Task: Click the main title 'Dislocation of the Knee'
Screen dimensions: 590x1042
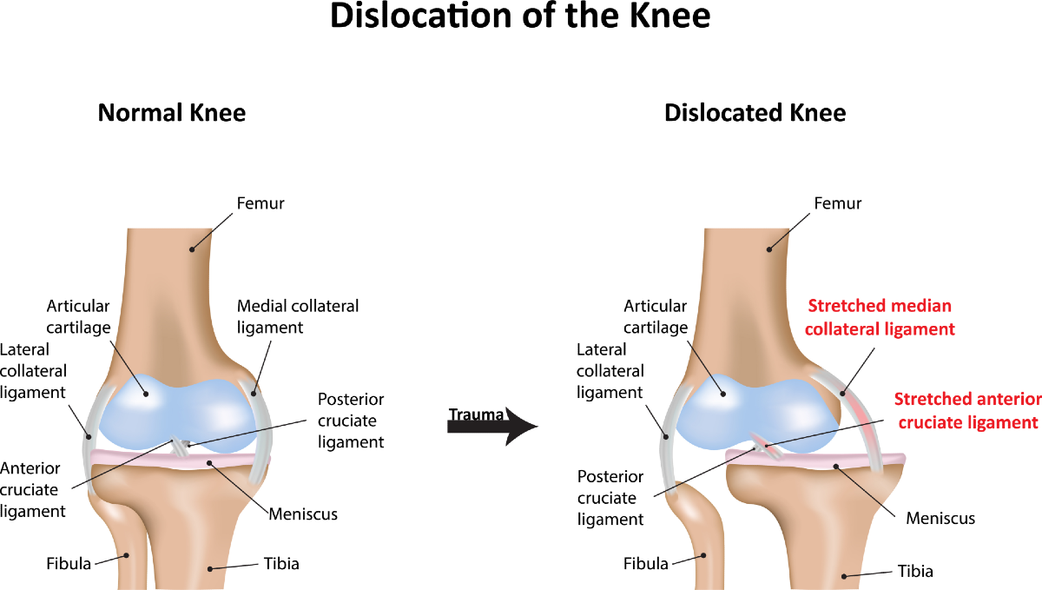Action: click(x=521, y=17)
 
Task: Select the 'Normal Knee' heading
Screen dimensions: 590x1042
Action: click(x=171, y=113)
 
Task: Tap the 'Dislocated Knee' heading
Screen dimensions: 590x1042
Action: click(x=754, y=113)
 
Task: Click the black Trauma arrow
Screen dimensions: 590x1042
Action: click(x=492, y=423)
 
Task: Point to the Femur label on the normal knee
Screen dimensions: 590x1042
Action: click(x=260, y=204)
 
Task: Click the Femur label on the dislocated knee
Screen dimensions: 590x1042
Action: click(x=837, y=204)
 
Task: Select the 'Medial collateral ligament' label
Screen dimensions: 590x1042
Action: click(x=298, y=316)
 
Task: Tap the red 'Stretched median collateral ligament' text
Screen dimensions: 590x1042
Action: click(x=880, y=317)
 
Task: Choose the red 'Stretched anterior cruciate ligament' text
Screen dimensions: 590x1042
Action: click(x=967, y=410)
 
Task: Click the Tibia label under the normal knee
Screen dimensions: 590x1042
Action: click(x=281, y=563)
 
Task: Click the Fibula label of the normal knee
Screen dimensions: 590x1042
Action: click(x=69, y=563)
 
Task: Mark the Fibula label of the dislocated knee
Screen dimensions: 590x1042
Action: click(x=646, y=563)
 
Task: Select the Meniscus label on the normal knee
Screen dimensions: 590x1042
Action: click(x=303, y=514)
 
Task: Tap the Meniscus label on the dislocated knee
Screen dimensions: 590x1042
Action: click(x=940, y=519)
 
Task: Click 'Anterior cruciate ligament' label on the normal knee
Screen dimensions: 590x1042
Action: click(x=33, y=489)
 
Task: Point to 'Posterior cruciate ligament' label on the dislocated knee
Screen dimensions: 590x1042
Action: click(x=610, y=498)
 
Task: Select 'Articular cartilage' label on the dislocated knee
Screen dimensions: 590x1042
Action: click(x=656, y=317)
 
